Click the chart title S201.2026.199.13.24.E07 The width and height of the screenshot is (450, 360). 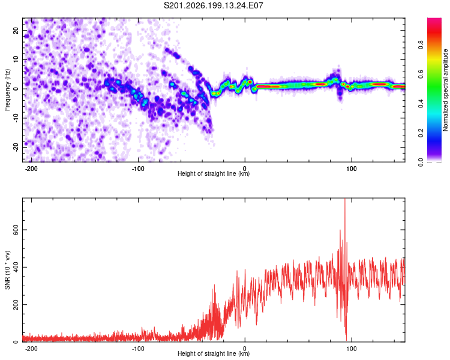pos(213,5)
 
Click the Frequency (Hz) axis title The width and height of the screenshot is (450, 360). pos(7,90)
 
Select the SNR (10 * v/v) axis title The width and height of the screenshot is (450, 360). pos(7,270)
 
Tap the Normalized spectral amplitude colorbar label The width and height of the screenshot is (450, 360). pos(445,90)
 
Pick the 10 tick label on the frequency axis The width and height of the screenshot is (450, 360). pos(16,59)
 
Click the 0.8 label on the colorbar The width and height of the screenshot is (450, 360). pos(421,45)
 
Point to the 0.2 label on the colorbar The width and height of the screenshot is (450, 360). pos(421,133)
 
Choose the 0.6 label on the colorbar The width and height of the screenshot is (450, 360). pos(421,74)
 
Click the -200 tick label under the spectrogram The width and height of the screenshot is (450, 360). pos(31,169)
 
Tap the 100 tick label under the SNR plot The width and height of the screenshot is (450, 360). pos(351,349)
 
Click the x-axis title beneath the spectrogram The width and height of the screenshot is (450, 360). pos(214,173)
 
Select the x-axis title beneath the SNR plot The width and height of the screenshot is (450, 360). pos(214,353)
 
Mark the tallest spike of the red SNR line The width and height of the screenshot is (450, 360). pos(344,199)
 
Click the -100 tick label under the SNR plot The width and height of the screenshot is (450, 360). pos(138,349)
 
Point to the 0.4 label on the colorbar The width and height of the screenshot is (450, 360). pos(421,103)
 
